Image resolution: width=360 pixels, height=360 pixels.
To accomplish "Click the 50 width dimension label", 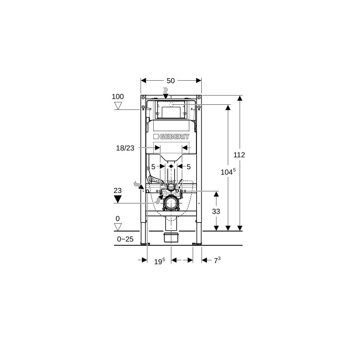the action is (x=171, y=81).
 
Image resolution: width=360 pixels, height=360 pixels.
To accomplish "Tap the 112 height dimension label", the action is (x=239, y=155).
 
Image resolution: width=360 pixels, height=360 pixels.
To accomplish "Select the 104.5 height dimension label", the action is (x=228, y=172).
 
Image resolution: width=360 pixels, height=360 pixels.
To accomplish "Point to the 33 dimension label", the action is (x=216, y=211).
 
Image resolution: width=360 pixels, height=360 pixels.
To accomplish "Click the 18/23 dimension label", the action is (x=125, y=148).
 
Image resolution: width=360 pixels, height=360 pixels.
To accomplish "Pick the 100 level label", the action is (x=118, y=96).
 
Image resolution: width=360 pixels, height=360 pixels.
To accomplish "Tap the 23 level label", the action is (x=118, y=190).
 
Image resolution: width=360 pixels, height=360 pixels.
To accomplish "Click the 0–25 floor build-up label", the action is (x=125, y=239).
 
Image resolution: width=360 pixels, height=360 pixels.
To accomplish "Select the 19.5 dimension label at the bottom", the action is (x=159, y=261).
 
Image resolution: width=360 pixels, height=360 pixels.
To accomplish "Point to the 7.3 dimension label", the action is (x=217, y=260).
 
